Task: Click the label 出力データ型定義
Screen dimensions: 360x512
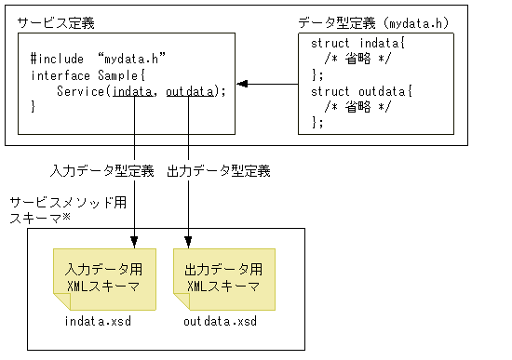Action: pos(218,171)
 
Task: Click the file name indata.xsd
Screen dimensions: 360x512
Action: pos(97,321)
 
